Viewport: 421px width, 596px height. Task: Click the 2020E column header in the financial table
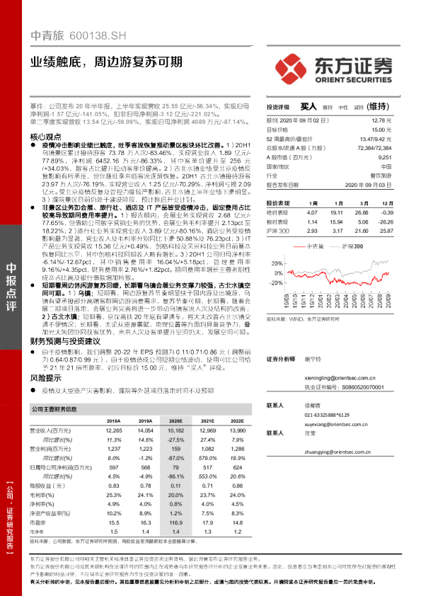point(174,420)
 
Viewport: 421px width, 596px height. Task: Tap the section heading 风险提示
point(46,379)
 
